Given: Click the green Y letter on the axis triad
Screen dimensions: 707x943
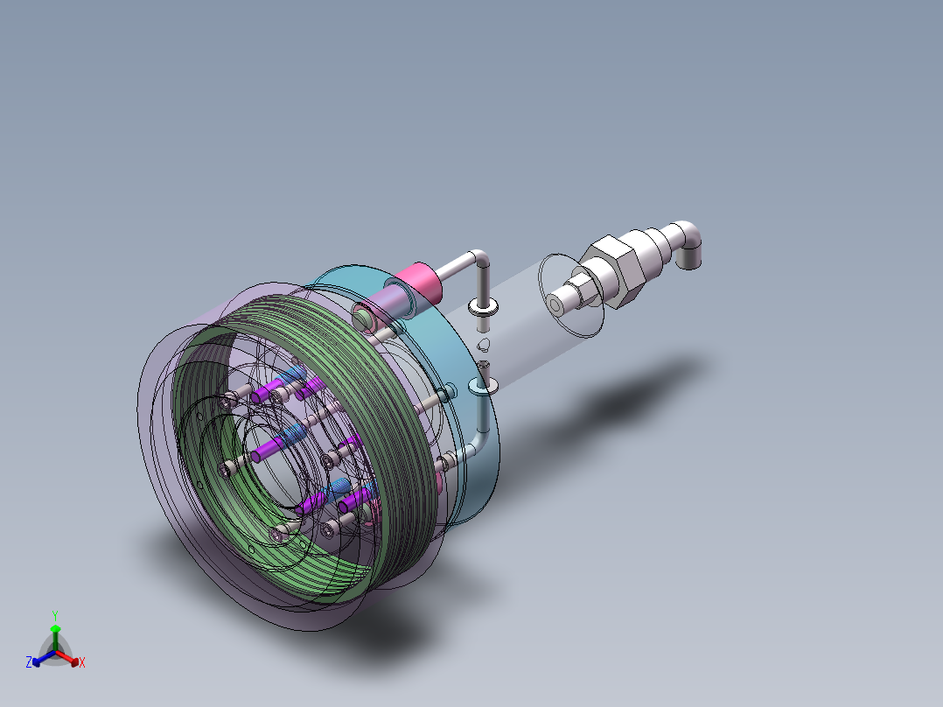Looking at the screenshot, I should pyautogui.click(x=54, y=615).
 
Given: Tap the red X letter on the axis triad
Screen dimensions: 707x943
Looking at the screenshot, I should pyautogui.click(x=81, y=663).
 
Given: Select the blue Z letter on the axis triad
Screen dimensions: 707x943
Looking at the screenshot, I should pyautogui.click(x=29, y=663).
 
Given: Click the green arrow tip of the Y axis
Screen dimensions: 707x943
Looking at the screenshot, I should pyautogui.click(x=55, y=629).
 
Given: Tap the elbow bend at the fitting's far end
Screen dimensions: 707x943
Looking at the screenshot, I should pyautogui.click(x=695, y=242).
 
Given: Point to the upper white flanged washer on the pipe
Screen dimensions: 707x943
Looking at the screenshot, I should pyautogui.click(x=482, y=306).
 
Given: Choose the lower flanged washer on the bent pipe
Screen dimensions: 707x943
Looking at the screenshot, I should pyautogui.click(x=482, y=384).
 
